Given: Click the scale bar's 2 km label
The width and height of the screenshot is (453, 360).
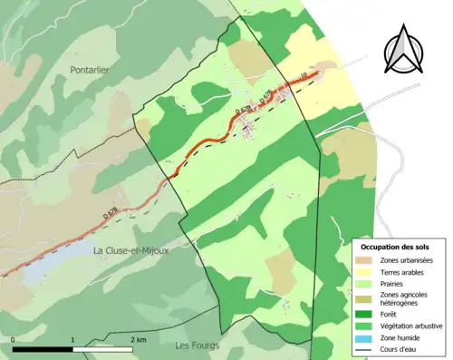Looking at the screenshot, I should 138,339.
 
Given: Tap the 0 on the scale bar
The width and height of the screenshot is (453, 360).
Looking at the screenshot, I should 14,339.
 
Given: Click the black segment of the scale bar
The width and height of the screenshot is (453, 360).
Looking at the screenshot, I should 43,349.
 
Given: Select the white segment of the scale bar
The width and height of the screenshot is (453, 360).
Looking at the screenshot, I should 105,349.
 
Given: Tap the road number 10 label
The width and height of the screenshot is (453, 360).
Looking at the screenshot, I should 303,76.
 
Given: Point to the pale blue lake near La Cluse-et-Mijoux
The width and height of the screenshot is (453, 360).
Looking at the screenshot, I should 54,257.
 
